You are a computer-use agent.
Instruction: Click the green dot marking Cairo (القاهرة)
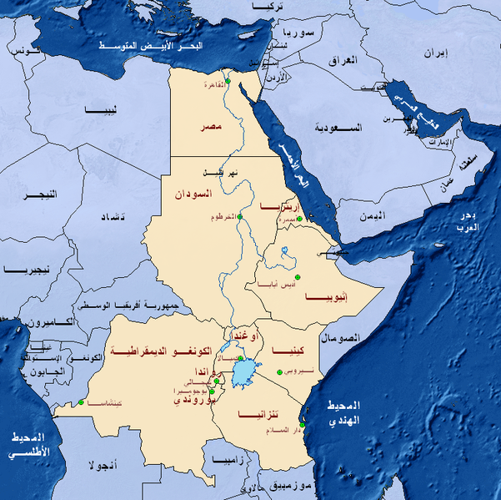click(x=228, y=83)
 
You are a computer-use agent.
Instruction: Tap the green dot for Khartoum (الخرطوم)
click(x=239, y=217)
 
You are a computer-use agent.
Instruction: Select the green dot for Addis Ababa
click(x=297, y=277)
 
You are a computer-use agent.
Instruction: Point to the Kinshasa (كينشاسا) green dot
click(x=81, y=404)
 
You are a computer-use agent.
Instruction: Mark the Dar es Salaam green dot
click(x=303, y=427)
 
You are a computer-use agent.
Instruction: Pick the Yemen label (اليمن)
click(x=373, y=215)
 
